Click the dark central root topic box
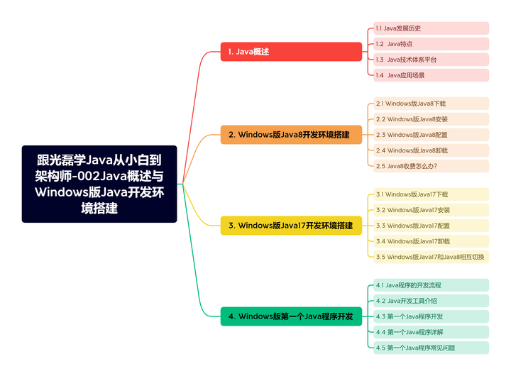pyautogui.click(x=99, y=184)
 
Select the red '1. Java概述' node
pyautogui.click(x=291, y=52)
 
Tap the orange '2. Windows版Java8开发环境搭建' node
pyautogui.click(x=291, y=135)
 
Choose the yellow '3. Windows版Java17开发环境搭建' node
pyautogui.click(x=291, y=226)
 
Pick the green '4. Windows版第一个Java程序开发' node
pyautogui.click(x=291, y=316)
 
